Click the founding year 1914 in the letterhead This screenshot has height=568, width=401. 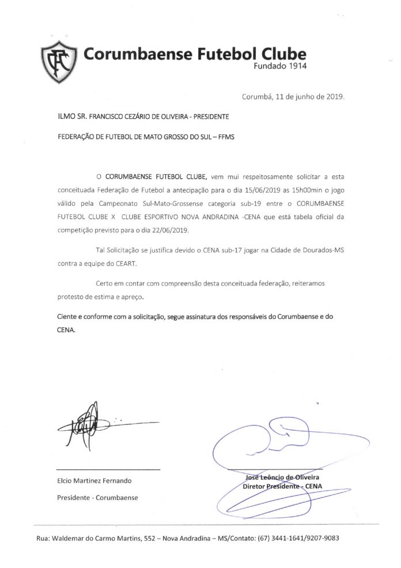point(296,66)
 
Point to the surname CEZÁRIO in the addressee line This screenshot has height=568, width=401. point(122,116)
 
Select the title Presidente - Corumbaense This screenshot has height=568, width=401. point(97,497)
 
